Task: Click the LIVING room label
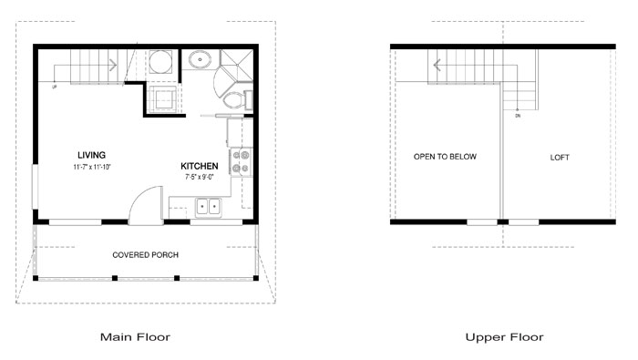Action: click(x=91, y=155)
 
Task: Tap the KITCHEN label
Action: click(x=200, y=166)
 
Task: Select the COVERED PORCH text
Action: click(x=145, y=255)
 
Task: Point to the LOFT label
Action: click(x=560, y=158)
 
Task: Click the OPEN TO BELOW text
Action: click(x=445, y=157)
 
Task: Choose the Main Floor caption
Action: click(x=135, y=337)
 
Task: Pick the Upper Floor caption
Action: click(x=504, y=337)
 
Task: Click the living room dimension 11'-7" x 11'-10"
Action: click(x=92, y=167)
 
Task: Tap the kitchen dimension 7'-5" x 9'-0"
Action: click(x=200, y=177)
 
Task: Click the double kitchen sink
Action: click(x=209, y=207)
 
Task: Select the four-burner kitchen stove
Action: click(x=241, y=162)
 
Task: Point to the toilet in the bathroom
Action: click(x=237, y=100)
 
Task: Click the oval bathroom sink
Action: click(x=200, y=60)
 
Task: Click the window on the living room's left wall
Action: click(x=35, y=187)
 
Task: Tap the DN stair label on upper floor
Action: click(x=518, y=116)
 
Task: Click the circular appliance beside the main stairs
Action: click(x=159, y=62)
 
